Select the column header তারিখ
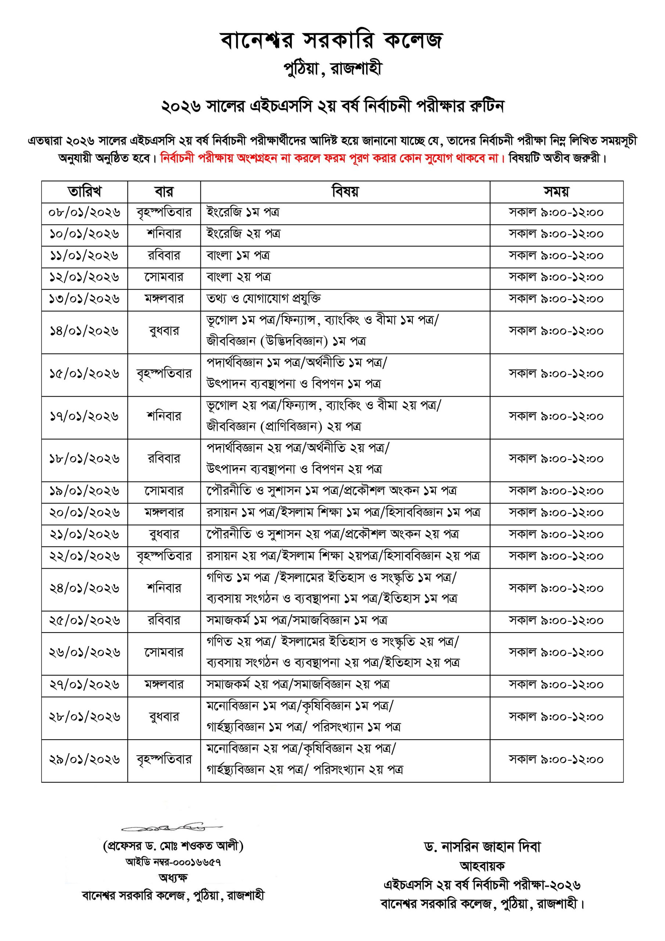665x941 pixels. [84, 192]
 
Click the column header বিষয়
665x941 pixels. [345, 192]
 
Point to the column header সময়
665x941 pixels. [556, 192]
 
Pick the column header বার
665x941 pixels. [164, 192]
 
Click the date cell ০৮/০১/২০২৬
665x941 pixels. [84, 213]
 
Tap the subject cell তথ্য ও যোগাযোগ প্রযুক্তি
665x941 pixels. [263, 299]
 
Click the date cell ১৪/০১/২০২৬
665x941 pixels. [84, 331]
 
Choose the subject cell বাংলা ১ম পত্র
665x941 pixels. [238, 256]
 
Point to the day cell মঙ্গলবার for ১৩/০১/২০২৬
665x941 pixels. [164, 299]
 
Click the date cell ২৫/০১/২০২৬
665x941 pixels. [84, 620]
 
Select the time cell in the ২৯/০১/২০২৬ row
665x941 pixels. [556, 759]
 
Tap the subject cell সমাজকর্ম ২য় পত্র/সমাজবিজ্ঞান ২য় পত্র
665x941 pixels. [298, 684]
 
